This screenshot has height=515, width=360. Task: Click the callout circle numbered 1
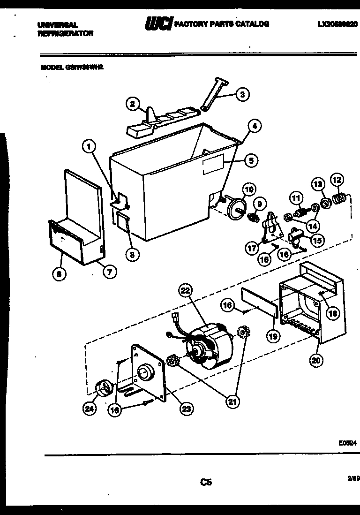click(88, 147)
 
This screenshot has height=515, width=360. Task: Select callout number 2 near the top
click(133, 104)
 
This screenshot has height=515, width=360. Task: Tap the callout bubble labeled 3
click(242, 94)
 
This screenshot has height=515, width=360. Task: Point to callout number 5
click(251, 161)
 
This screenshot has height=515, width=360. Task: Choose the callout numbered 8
click(133, 255)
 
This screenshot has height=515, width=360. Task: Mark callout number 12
click(337, 180)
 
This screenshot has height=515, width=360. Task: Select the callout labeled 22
click(186, 291)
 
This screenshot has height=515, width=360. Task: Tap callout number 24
click(89, 409)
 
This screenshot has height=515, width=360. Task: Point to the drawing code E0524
click(347, 442)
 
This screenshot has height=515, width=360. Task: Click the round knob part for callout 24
click(103, 388)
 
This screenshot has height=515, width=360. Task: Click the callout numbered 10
click(249, 189)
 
